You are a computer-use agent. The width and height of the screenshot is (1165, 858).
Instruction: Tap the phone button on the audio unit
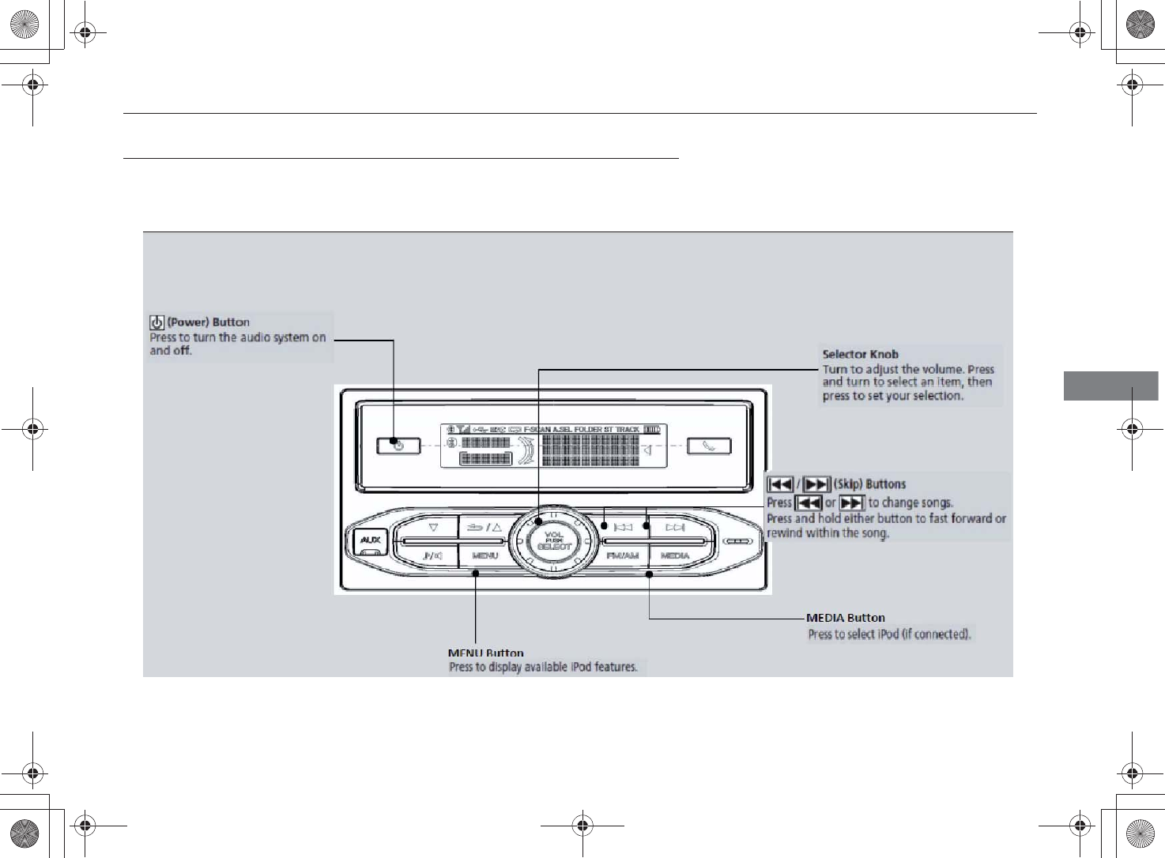point(709,446)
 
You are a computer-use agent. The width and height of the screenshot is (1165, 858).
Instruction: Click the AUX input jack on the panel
point(370,540)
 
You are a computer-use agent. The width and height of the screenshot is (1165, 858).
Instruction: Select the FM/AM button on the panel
point(622,555)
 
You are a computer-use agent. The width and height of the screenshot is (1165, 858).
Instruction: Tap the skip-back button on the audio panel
point(623,527)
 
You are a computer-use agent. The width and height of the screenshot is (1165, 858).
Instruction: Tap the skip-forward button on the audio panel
point(675,527)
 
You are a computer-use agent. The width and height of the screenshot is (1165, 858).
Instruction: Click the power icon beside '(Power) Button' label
point(157,322)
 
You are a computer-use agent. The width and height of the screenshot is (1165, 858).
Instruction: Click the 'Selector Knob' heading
point(860,354)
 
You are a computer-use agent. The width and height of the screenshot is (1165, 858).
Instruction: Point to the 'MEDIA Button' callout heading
point(845,618)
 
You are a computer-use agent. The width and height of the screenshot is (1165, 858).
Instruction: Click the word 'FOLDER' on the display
point(588,430)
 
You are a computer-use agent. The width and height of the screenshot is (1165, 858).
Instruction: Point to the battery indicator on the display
point(651,430)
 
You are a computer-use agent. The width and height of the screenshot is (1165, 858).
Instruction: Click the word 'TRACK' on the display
point(628,430)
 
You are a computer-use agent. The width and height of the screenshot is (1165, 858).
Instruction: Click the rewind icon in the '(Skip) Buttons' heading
point(780,484)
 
